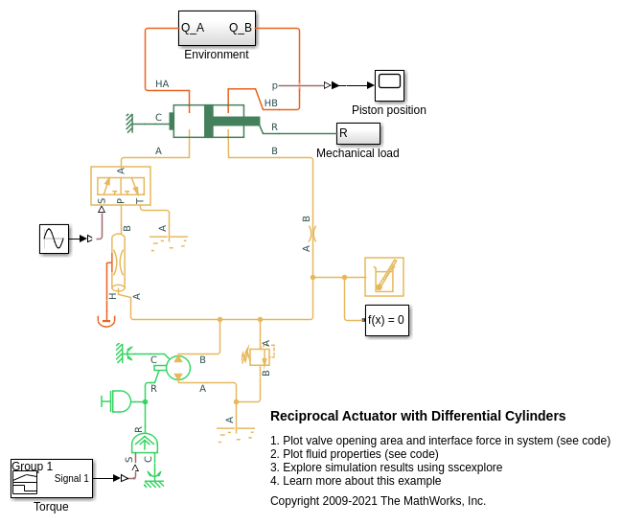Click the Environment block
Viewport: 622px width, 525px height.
point(217,28)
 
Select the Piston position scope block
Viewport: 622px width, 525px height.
point(389,85)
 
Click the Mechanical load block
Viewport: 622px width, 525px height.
point(357,133)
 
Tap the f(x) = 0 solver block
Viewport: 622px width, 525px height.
point(387,320)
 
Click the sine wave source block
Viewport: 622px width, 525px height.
point(54,239)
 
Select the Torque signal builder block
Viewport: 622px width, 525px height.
point(52,478)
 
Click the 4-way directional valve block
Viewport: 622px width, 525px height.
point(121,185)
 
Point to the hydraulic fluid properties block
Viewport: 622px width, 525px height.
point(384,276)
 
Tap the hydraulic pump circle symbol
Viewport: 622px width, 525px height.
point(178,367)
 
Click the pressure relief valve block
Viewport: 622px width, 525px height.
point(259,355)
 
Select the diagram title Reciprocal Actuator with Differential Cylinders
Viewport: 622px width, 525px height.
point(418,416)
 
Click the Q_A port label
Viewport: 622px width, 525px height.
point(193,28)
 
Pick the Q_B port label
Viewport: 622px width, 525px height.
point(241,28)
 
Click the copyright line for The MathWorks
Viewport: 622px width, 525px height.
point(378,500)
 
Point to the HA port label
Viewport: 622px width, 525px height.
point(162,84)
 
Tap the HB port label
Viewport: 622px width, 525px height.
point(271,103)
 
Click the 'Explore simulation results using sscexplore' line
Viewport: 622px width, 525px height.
point(386,467)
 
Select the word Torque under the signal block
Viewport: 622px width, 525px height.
point(51,506)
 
